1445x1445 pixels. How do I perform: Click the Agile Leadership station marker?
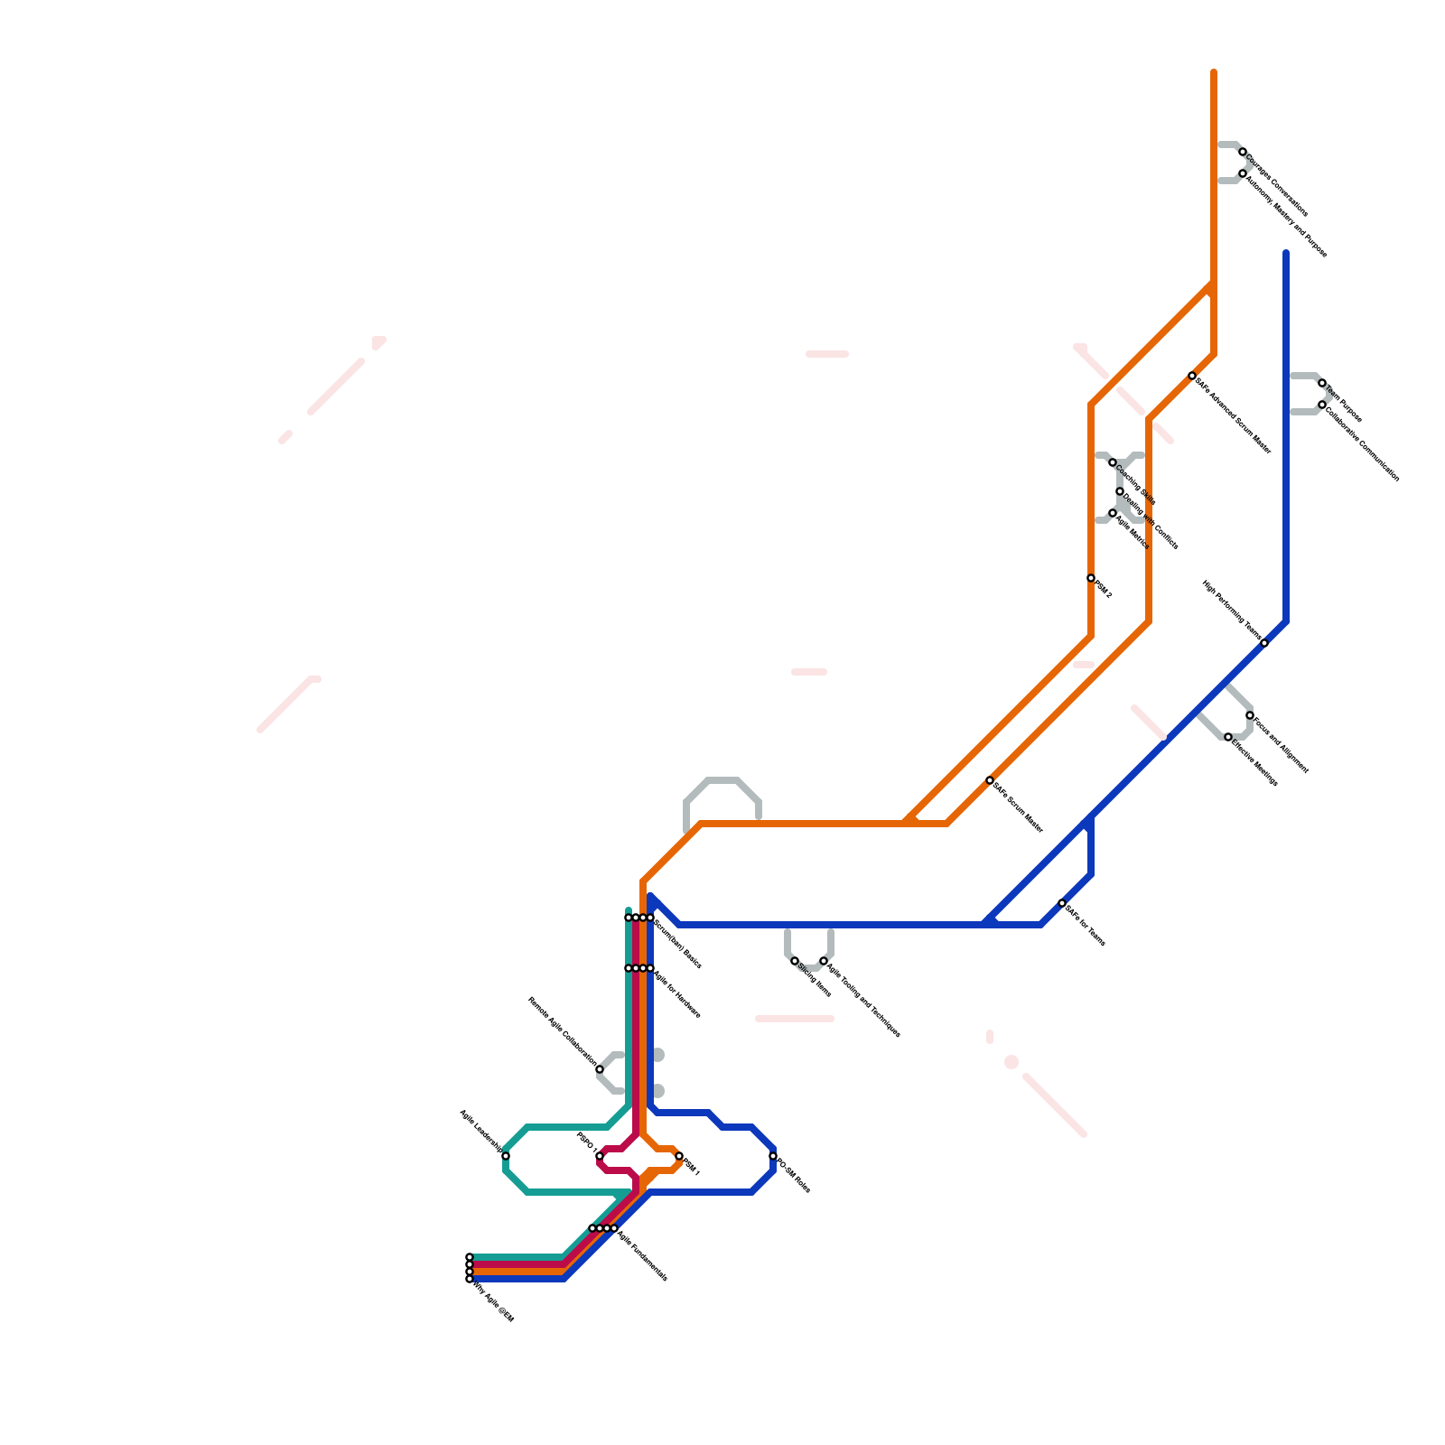[506, 1156]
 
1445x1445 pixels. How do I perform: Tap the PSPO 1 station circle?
[600, 1156]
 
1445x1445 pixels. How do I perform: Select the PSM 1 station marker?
[679, 1156]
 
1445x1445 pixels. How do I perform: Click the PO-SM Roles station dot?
[773, 1156]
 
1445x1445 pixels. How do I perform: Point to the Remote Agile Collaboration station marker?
[600, 1069]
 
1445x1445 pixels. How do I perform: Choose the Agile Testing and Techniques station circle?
[824, 961]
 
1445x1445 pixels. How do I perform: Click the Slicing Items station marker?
[795, 961]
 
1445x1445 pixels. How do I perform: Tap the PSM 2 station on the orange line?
[1091, 578]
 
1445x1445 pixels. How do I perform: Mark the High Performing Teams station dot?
[1264, 643]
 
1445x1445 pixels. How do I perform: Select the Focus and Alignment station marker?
[1250, 715]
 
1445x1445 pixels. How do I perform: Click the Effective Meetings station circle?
[1228, 737]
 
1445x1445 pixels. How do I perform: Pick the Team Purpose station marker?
[1322, 383]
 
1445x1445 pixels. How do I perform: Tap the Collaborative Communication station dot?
[1322, 405]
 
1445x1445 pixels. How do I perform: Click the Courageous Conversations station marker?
[1243, 152]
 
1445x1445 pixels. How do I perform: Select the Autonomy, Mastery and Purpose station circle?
[1243, 173]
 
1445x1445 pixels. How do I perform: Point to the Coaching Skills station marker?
[1113, 462]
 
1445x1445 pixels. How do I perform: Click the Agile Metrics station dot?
[1113, 513]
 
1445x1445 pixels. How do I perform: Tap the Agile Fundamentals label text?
[642, 1254]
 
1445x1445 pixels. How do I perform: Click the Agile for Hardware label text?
[676, 993]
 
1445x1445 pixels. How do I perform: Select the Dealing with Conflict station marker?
[1120, 491]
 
